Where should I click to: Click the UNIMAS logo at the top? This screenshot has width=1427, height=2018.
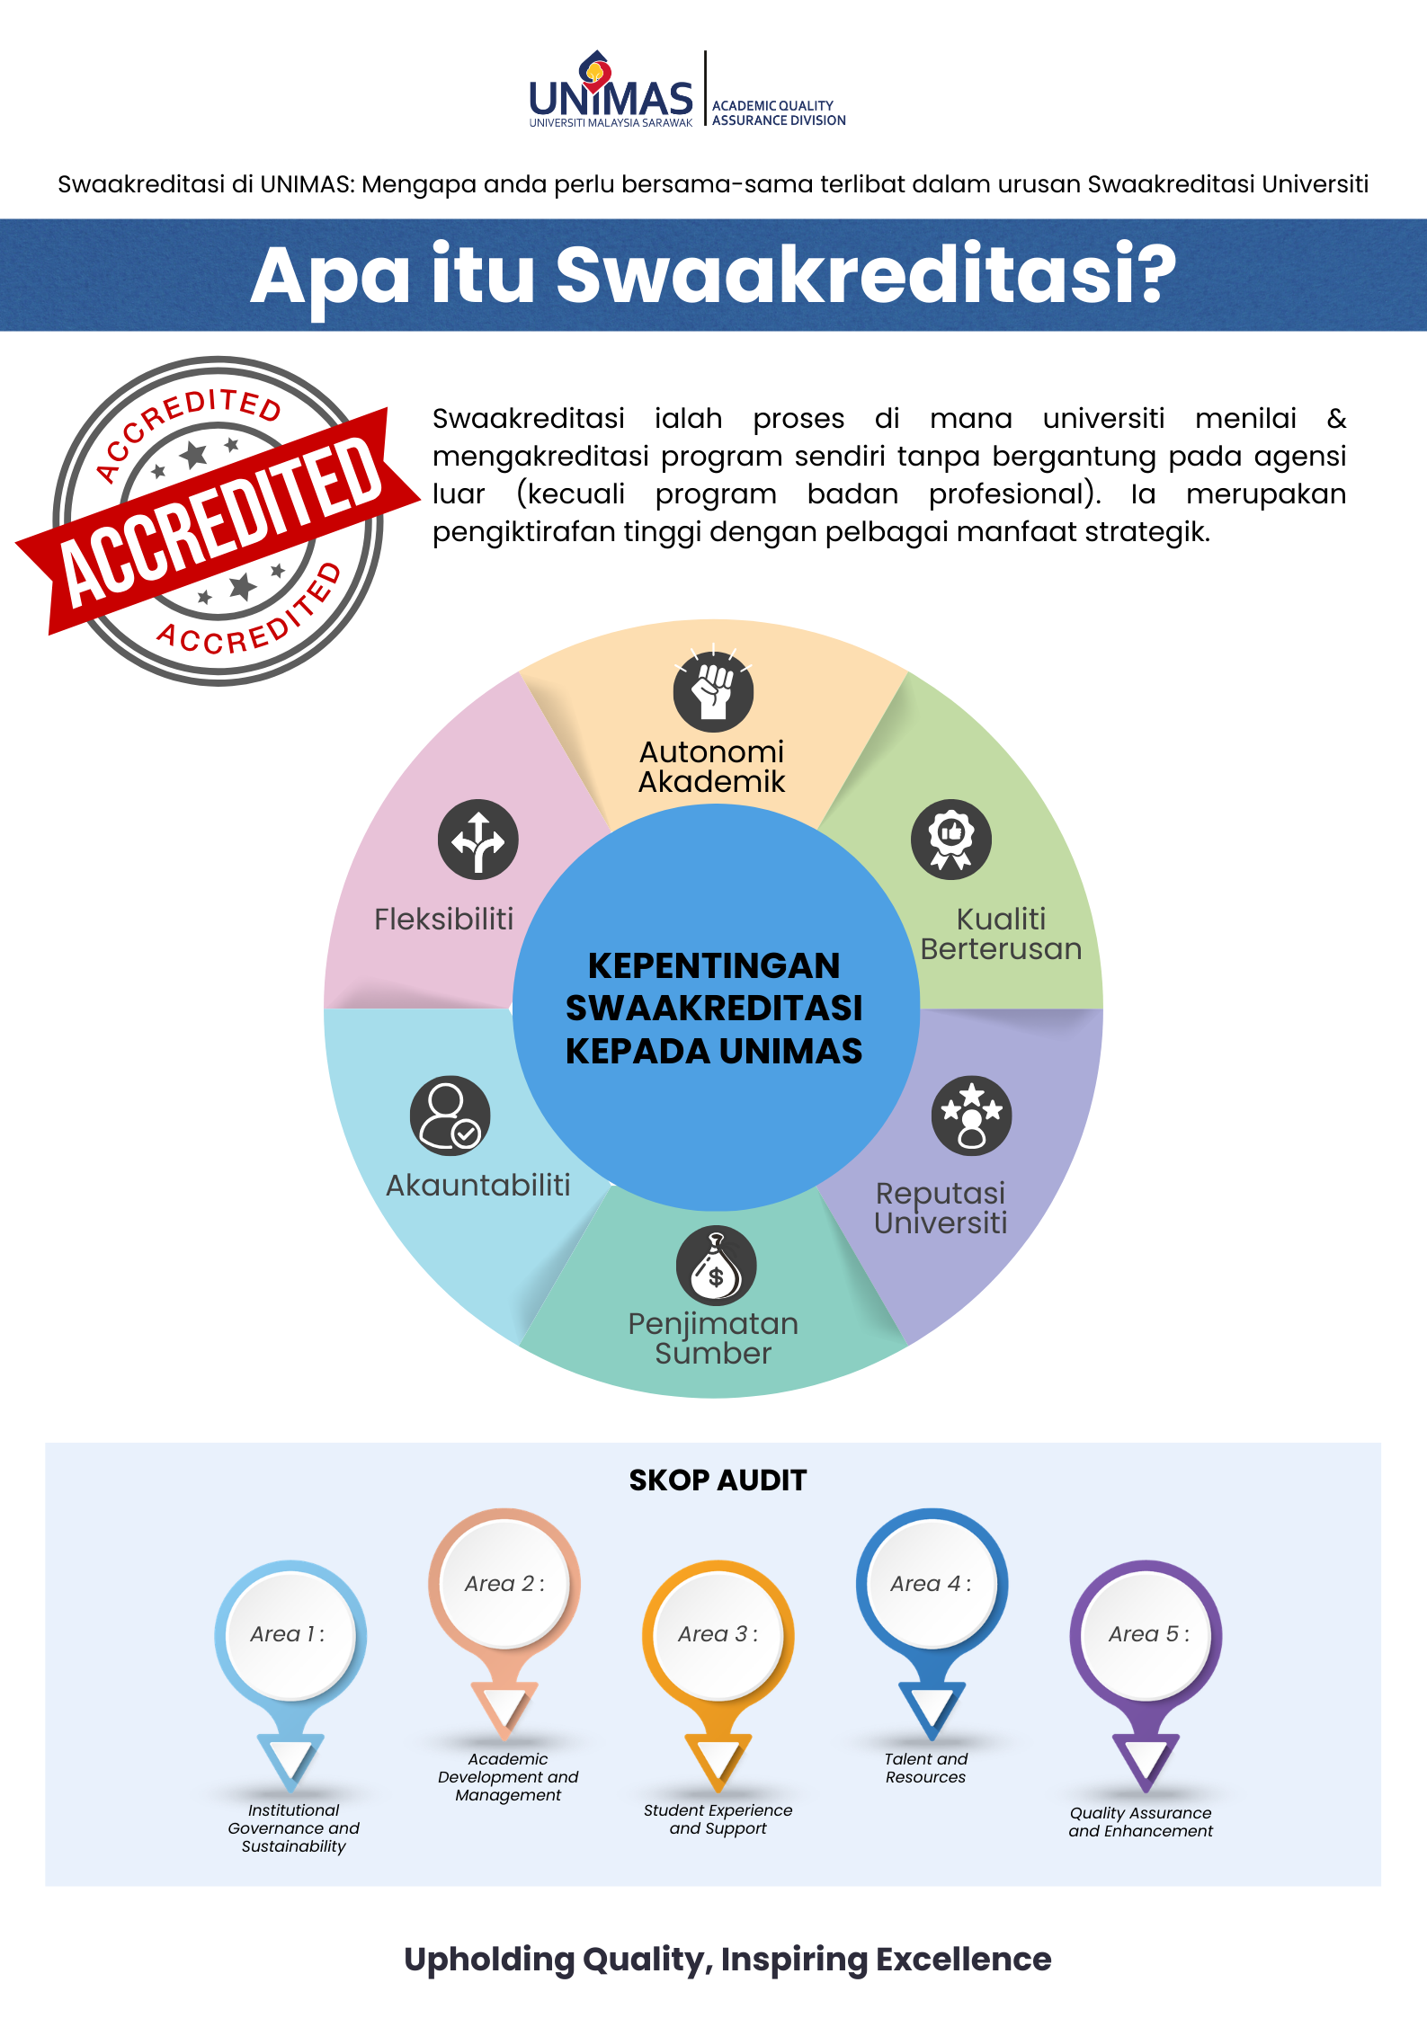[x=611, y=90]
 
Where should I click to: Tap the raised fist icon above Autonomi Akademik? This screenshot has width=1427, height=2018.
[x=714, y=691]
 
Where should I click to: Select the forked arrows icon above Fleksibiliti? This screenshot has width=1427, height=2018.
[x=478, y=840]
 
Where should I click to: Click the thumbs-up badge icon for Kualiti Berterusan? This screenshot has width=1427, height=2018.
[x=951, y=840]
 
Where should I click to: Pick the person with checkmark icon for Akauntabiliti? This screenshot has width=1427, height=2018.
[x=450, y=1116]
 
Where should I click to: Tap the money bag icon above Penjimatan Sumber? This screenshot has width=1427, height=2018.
[x=717, y=1266]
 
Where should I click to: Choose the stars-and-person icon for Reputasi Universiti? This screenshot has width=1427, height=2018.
[x=972, y=1116]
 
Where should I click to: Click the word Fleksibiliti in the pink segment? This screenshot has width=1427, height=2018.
[x=444, y=919]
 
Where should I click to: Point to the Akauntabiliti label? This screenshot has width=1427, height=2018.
[x=478, y=1185]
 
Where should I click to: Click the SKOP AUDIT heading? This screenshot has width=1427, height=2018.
[x=718, y=1480]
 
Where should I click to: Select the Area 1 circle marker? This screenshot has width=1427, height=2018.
[x=290, y=1635]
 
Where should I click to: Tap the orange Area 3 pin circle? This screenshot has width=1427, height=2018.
[x=718, y=1635]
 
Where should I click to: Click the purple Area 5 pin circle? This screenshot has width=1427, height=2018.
[x=1146, y=1635]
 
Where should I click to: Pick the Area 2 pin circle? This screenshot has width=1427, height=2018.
[x=504, y=1584]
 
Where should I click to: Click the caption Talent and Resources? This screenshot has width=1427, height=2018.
[x=926, y=1768]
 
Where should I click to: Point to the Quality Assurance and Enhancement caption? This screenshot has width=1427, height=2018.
[x=1141, y=1822]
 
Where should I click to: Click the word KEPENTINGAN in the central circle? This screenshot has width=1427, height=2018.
[x=714, y=965]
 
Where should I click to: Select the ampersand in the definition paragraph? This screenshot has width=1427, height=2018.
[x=1336, y=418]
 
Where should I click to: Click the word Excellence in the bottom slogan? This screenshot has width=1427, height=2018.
[x=963, y=1959]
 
